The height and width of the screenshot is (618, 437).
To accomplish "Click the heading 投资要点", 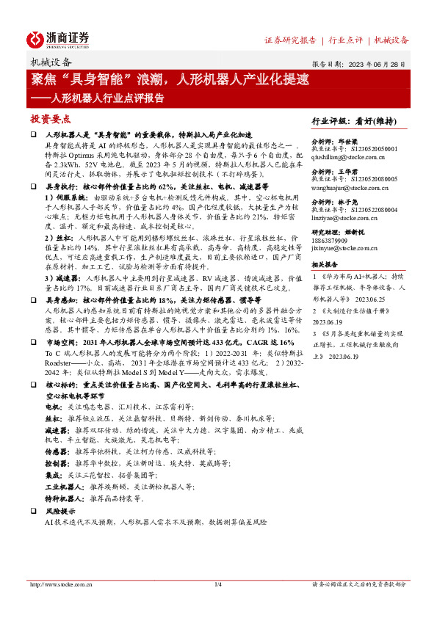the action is tap(51, 119).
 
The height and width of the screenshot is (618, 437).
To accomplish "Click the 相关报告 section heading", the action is tap(325, 263).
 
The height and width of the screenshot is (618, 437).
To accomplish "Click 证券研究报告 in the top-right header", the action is tap(289, 40).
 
